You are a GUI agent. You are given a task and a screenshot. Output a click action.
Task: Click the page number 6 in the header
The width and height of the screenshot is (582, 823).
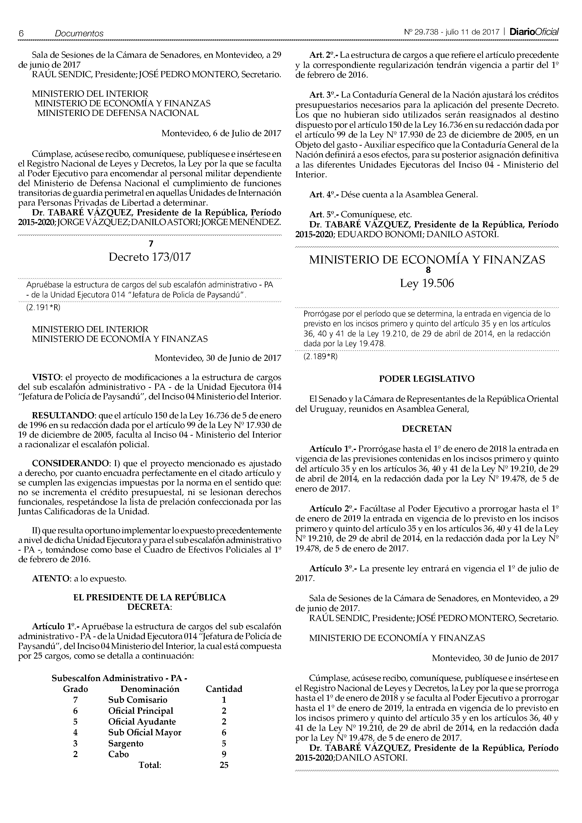(21, 33)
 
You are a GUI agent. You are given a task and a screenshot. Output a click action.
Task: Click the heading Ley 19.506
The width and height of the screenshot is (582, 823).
(427, 284)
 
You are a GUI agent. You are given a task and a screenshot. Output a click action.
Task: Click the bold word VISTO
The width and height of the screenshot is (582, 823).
(46, 377)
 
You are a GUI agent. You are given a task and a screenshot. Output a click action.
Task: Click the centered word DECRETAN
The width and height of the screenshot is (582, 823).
(427, 429)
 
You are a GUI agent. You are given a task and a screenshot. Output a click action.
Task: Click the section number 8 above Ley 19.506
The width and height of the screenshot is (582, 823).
(427, 270)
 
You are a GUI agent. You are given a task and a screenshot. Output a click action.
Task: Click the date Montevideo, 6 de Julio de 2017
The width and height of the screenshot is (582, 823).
(221, 133)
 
